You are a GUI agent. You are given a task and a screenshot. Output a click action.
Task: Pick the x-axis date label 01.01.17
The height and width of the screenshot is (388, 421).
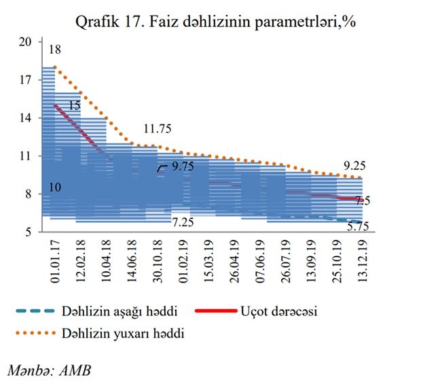(x=54, y=261)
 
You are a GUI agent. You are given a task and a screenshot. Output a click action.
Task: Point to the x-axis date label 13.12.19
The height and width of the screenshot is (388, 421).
(x=360, y=261)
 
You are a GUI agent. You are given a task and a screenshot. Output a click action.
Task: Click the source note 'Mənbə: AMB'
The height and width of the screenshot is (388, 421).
(x=49, y=371)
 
